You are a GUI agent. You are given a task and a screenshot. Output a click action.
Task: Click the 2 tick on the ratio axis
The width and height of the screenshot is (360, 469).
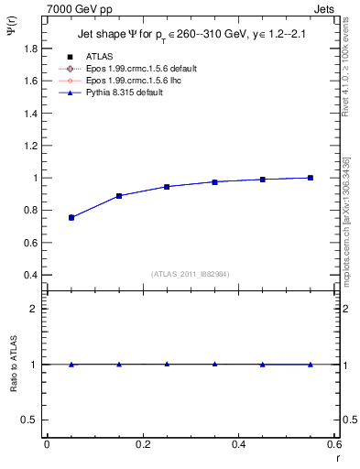pos(33,309)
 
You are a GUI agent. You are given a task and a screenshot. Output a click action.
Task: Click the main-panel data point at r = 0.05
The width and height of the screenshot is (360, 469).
pos(71,217)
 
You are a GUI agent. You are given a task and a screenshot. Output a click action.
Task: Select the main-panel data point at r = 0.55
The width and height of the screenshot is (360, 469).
pos(311,178)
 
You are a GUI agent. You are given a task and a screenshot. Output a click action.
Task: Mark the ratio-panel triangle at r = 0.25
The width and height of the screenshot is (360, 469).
pos(167,364)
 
